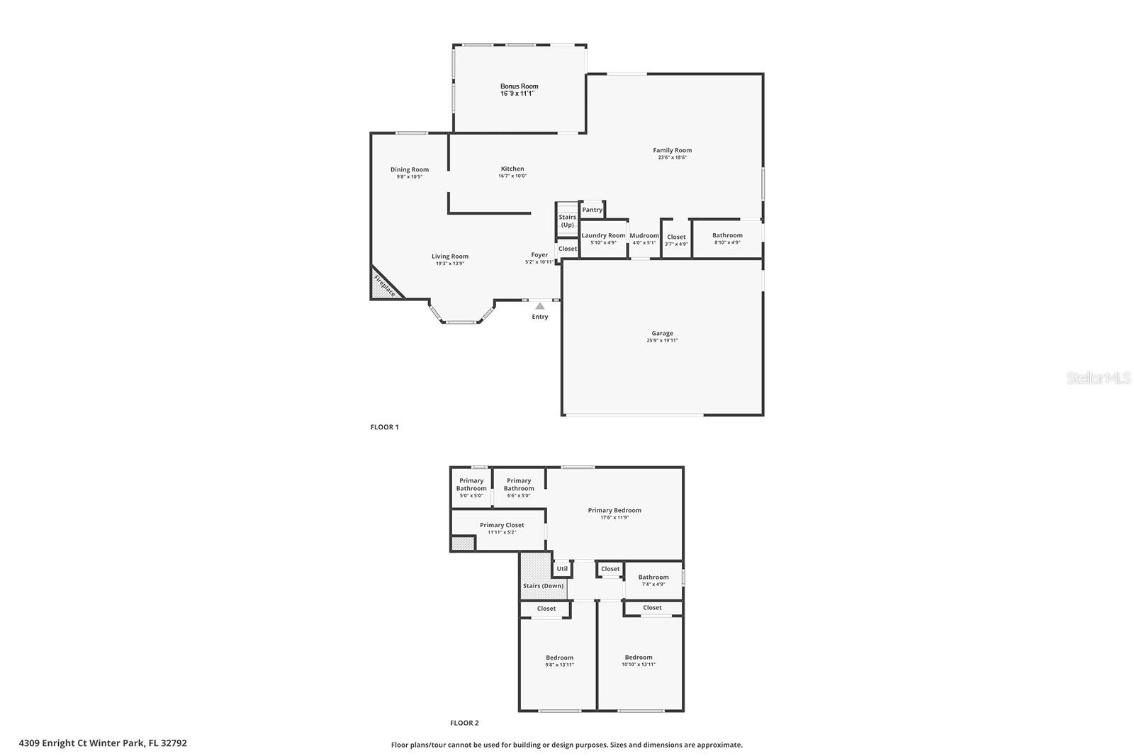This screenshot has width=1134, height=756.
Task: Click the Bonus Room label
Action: tap(519, 86)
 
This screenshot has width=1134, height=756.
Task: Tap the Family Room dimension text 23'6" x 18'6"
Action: tap(672, 157)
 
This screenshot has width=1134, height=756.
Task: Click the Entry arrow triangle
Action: tap(540, 306)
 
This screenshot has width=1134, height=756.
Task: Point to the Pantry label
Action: tap(592, 210)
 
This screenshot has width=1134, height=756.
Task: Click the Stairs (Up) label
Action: tap(567, 221)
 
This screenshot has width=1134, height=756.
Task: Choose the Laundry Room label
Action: tap(603, 235)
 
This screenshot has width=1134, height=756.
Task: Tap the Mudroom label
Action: tap(644, 235)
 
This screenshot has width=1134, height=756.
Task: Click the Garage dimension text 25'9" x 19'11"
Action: tap(662, 340)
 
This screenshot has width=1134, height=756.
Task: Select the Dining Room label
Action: tap(410, 169)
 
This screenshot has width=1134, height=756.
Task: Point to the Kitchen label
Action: tap(512, 169)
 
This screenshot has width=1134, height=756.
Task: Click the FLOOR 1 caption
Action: tap(385, 427)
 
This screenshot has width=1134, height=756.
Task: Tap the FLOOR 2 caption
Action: tap(464, 723)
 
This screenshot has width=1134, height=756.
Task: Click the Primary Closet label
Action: tap(502, 525)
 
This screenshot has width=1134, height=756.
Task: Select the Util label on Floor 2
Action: tap(562, 568)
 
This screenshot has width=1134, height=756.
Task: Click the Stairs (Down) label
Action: tap(543, 586)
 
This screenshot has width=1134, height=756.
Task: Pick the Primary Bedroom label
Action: tap(614, 510)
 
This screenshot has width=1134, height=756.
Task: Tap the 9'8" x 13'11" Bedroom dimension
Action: tap(559, 665)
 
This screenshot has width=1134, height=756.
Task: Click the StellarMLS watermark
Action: tap(1099, 378)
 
